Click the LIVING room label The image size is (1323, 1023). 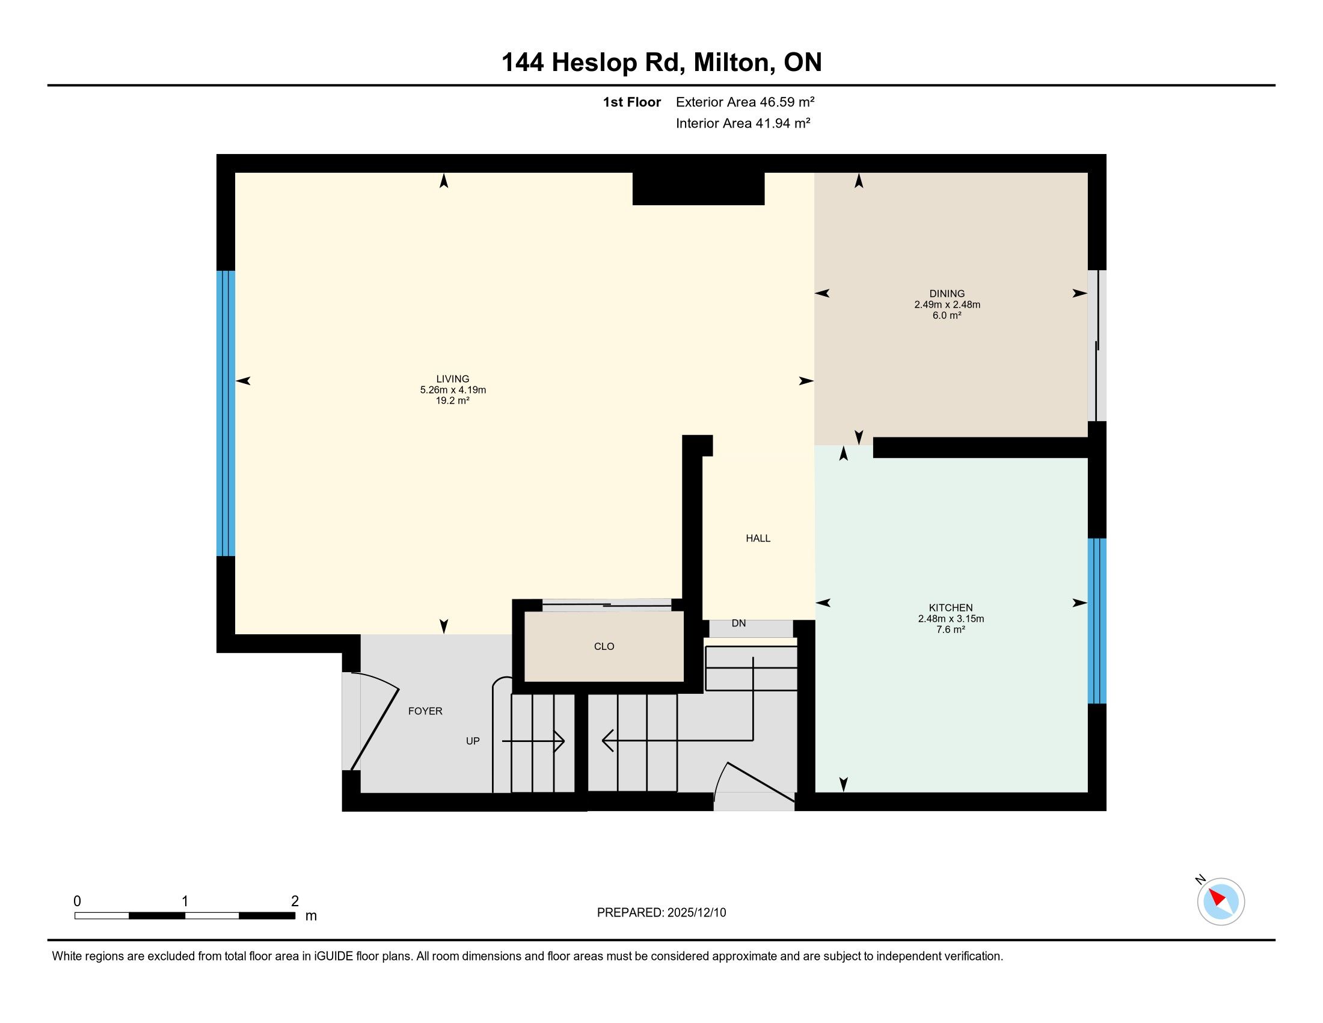[452, 379]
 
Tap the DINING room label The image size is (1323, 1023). [947, 293]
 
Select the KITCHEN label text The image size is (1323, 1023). [950, 607]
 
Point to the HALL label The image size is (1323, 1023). [758, 538]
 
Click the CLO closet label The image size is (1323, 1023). [604, 646]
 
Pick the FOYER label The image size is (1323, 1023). [425, 711]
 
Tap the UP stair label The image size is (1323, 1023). [473, 741]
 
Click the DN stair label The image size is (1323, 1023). [738, 623]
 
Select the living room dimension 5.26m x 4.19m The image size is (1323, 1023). [453, 390]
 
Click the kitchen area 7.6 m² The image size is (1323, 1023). [950, 629]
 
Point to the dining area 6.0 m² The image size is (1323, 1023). [947, 315]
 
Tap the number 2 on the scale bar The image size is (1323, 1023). [295, 901]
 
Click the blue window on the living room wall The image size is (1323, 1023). [226, 413]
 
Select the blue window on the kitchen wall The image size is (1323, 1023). [1097, 621]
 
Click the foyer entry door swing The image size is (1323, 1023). [375, 724]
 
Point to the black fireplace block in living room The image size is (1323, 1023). [698, 188]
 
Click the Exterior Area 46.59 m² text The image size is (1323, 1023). [745, 102]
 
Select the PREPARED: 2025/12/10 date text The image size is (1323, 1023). [661, 913]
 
